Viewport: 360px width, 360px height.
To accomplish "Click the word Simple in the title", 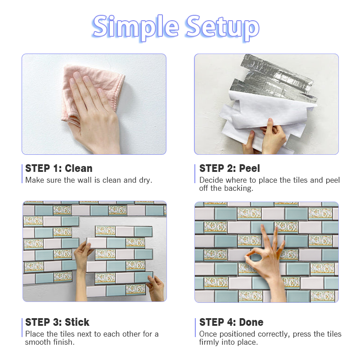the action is click(x=135, y=27).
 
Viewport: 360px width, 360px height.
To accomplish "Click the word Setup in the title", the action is click(x=222, y=27).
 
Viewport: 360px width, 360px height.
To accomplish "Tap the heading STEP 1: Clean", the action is click(x=59, y=168).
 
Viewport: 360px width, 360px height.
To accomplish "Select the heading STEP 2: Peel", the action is click(x=229, y=168).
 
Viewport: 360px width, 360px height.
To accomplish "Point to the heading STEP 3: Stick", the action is click(x=57, y=322).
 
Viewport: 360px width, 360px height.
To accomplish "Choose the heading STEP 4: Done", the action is click(x=231, y=322).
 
